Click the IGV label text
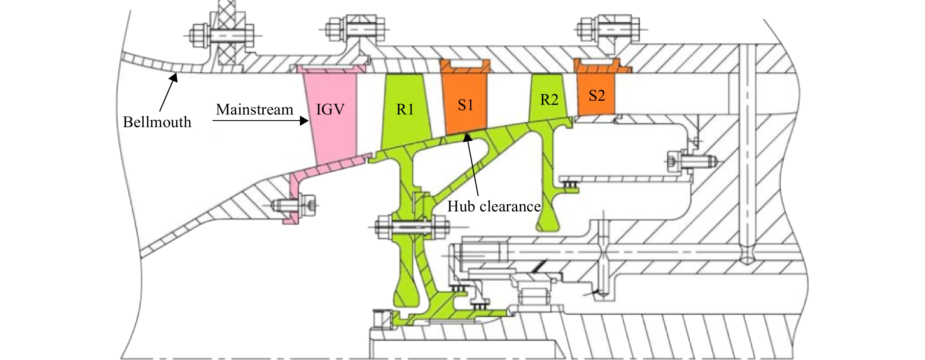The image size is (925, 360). pos(330,109)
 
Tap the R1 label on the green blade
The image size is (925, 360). pos(405,110)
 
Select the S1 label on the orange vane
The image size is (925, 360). pos(466,105)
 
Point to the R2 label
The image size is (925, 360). pos(549,100)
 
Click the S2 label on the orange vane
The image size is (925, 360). pos(597,95)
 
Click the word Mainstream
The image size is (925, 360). pos(255,110)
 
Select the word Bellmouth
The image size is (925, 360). pos(157,122)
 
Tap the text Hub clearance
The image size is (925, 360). pos(494,206)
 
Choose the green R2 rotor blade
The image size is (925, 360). pos(548,97)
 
